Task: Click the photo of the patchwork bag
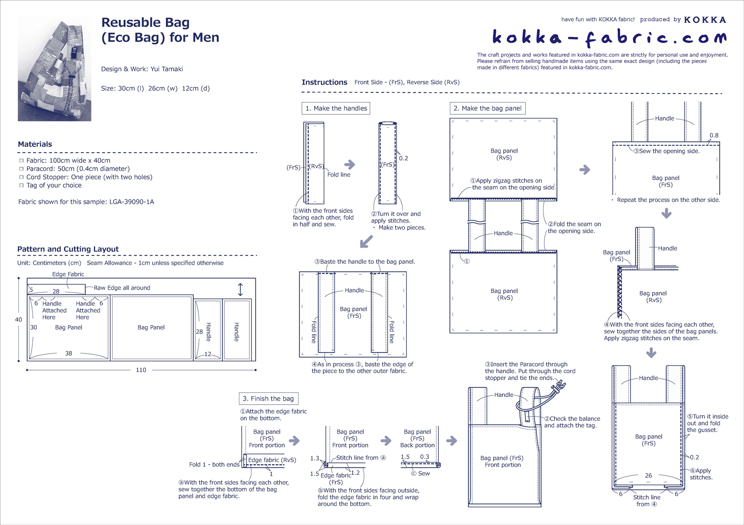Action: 54,69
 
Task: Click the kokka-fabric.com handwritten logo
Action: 610,38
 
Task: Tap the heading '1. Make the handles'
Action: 336,108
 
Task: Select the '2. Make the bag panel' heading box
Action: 488,108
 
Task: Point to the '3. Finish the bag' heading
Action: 268,399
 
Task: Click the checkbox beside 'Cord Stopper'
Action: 21,177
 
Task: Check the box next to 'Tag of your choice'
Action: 21,185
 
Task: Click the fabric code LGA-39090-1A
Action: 132,202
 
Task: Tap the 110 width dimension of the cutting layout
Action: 141,370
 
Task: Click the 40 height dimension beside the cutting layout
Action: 18,319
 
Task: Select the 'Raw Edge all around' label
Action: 122,288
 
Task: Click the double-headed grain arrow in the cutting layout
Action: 240,290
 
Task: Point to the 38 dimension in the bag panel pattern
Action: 68,353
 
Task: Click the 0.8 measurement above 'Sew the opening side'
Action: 714,136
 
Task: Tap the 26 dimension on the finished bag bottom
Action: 648,476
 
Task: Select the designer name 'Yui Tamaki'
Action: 167,69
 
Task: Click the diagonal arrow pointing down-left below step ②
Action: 366,242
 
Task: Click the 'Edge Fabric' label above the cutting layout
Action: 68,274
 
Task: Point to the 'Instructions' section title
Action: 324,82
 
